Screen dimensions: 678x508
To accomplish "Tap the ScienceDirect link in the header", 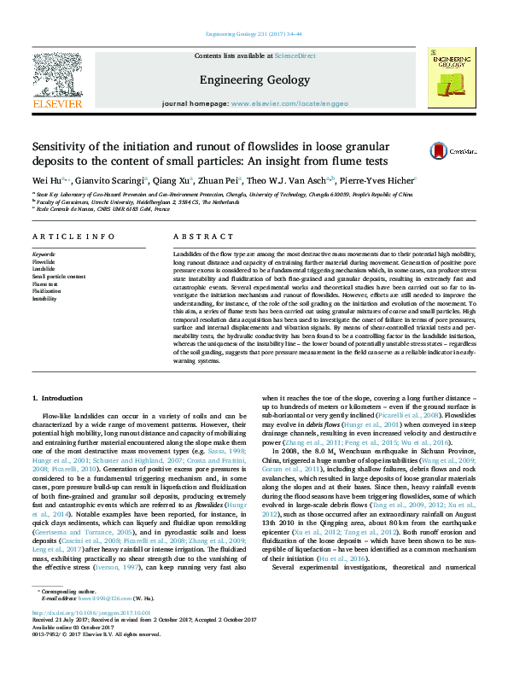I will tap(295, 56).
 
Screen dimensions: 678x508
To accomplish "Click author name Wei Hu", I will tap(41, 181).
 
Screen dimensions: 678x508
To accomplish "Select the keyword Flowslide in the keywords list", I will tap(44, 262).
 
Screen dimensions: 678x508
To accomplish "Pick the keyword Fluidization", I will tap(47, 291).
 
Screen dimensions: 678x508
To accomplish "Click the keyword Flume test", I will tap(46, 283).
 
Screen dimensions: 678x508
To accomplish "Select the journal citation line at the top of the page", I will tap(254, 35).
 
